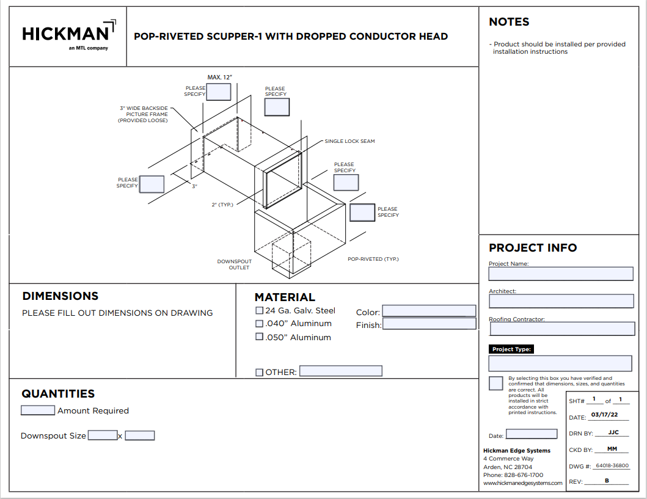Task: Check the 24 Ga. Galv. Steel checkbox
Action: point(259,311)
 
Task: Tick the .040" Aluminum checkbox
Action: point(259,324)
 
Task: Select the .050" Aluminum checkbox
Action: point(259,337)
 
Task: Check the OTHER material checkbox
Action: point(259,372)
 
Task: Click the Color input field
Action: point(429,311)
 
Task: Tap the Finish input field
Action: point(429,324)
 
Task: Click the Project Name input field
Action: point(561,274)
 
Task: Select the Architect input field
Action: point(561,301)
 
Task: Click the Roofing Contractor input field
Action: point(562,329)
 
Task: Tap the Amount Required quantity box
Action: point(38,410)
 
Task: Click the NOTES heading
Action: point(509,22)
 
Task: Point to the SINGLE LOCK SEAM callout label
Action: point(349,141)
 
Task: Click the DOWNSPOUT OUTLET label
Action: point(233,264)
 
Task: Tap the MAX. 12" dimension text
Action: point(220,78)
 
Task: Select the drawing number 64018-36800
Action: point(612,466)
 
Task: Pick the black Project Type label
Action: point(511,349)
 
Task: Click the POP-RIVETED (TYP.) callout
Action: point(373,259)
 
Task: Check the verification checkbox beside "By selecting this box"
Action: point(496,384)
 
